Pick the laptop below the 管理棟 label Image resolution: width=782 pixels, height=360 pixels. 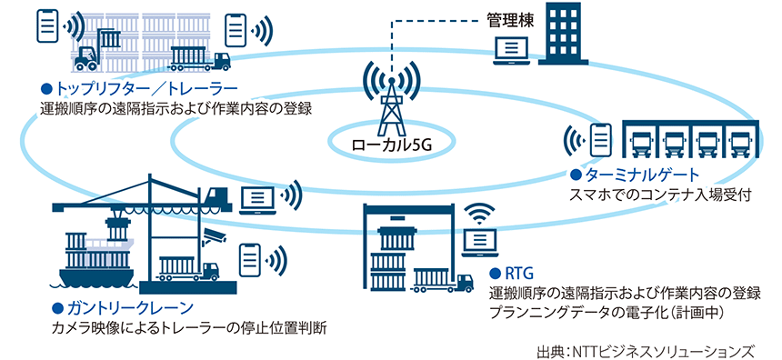(x=509, y=55)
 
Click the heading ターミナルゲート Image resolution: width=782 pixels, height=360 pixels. (x=633, y=175)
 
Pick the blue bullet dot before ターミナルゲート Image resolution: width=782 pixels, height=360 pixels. (x=575, y=175)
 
